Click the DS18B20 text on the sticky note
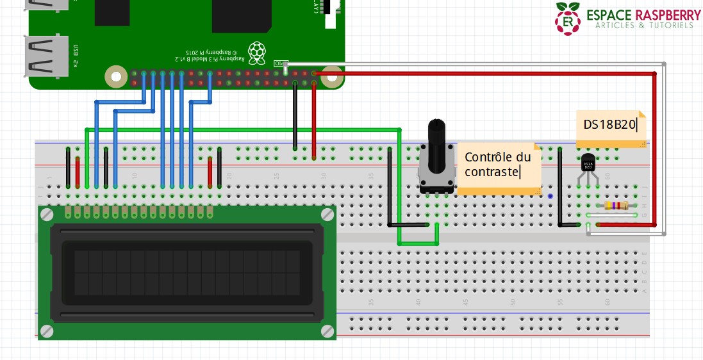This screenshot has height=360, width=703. click(609, 124)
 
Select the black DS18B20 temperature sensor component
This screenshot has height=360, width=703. click(587, 164)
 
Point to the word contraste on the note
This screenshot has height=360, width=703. click(492, 171)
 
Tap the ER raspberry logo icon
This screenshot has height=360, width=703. click(568, 19)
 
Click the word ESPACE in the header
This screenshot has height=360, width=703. click(609, 14)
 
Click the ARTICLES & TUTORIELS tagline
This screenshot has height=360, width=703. click(644, 26)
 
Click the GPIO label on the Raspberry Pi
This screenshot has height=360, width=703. click(280, 63)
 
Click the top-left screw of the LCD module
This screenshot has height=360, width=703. click(47, 215)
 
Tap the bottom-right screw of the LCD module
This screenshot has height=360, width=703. click(327, 331)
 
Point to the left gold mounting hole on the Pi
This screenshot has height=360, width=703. click(116, 77)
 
